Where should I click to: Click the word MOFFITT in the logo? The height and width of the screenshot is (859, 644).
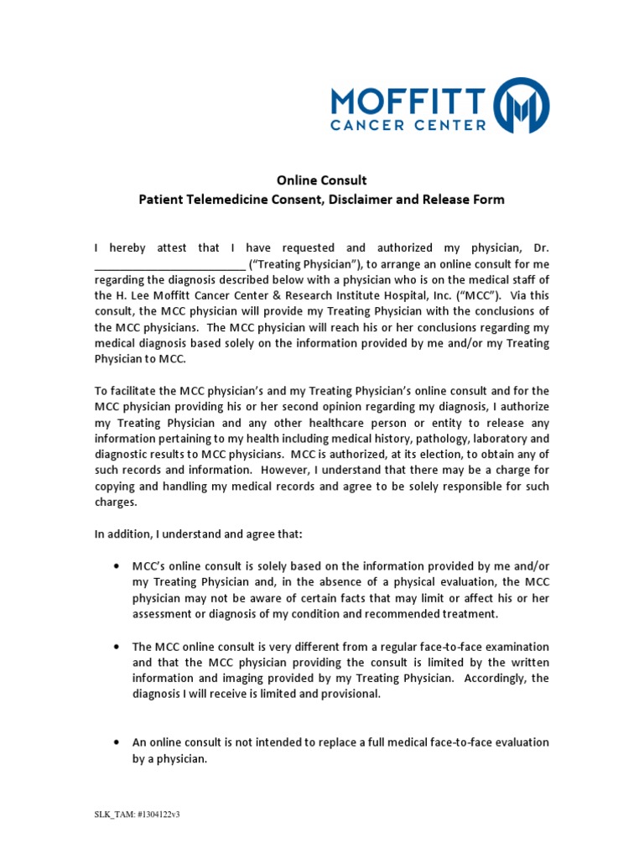point(408,100)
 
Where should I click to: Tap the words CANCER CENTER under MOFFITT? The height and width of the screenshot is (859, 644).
point(408,126)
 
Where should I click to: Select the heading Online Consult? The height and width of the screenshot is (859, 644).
point(322,180)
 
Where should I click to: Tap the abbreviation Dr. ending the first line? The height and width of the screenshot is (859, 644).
point(541,247)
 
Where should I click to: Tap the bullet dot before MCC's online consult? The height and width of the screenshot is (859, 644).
point(115,566)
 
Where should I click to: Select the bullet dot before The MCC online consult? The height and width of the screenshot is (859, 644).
point(115,646)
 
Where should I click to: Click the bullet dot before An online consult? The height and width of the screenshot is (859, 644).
point(115,742)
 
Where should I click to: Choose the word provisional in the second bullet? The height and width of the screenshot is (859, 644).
point(350,694)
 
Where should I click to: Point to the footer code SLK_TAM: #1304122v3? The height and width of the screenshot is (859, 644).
point(137,815)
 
